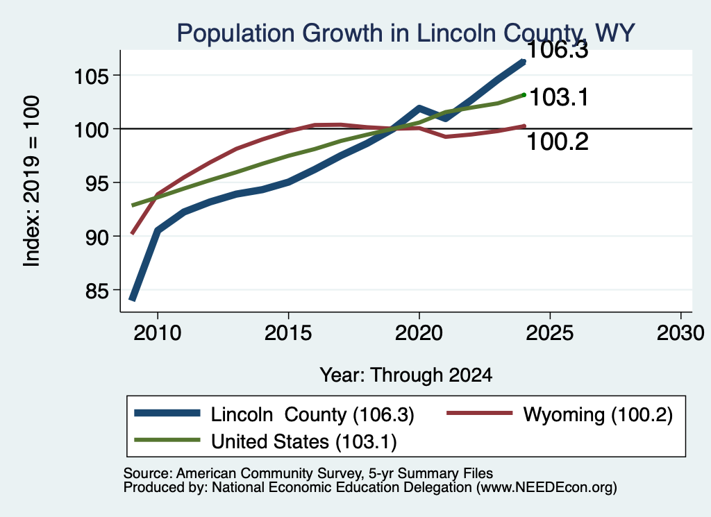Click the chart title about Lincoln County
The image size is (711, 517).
click(x=405, y=33)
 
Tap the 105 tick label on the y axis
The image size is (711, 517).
click(x=92, y=76)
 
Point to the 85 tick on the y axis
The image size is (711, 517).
click(x=97, y=291)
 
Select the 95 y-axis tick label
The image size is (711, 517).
click(x=97, y=183)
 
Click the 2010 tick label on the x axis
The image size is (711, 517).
click(x=158, y=334)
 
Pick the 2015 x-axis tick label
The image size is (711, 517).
click(x=288, y=334)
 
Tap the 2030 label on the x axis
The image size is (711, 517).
click(x=680, y=334)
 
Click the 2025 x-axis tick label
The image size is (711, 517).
click(x=550, y=334)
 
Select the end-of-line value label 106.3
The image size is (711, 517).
click(x=558, y=50)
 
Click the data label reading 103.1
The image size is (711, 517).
click(x=559, y=97)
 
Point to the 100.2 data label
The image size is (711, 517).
click(x=558, y=142)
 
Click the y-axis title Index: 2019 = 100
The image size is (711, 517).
click(x=32, y=181)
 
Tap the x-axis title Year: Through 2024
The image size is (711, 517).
click(x=405, y=375)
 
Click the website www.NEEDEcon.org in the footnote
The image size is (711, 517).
click(x=546, y=488)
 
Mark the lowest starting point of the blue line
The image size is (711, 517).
click(x=133, y=299)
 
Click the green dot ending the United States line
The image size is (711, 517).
click(x=524, y=94)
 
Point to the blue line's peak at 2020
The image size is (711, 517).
click(x=419, y=108)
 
